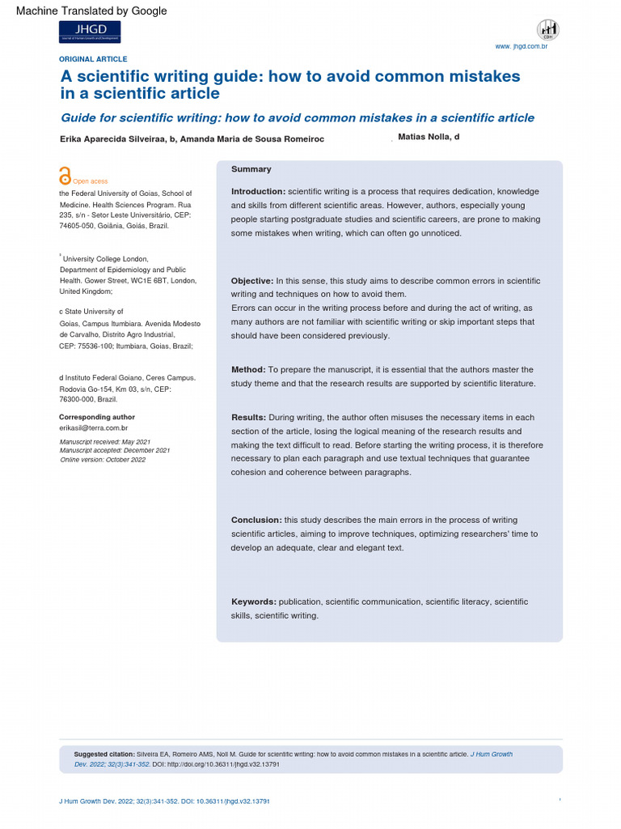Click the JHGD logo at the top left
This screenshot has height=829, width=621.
click(x=90, y=32)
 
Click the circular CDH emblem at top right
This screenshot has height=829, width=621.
click(x=547, y=30)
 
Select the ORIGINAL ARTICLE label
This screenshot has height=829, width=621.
click(x=93, y=59)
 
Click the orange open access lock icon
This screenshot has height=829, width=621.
click(x=65, y=177)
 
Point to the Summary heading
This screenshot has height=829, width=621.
click(x=251, y=169)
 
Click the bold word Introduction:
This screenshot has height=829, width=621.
click(x=258, y=192)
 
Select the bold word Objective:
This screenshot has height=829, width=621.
click(x=252, y=281)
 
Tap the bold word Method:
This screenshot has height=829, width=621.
click(x=248, y=370)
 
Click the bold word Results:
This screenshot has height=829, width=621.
click(x=248, y=418)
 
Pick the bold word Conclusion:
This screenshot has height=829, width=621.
click(x=256, y=521)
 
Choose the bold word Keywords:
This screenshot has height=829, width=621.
click(x=254, y=602)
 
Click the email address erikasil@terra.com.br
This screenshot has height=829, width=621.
click(x=94, y=427)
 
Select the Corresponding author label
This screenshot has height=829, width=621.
click(x=97, y=417)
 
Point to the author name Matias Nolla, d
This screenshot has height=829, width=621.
click(x=429, y=138)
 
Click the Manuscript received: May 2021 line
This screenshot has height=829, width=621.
click(x=105, y=441)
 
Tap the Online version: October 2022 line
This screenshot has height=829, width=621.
click(x=103, y=459)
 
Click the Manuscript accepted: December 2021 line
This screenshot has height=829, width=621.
click(x=115, y=450)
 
